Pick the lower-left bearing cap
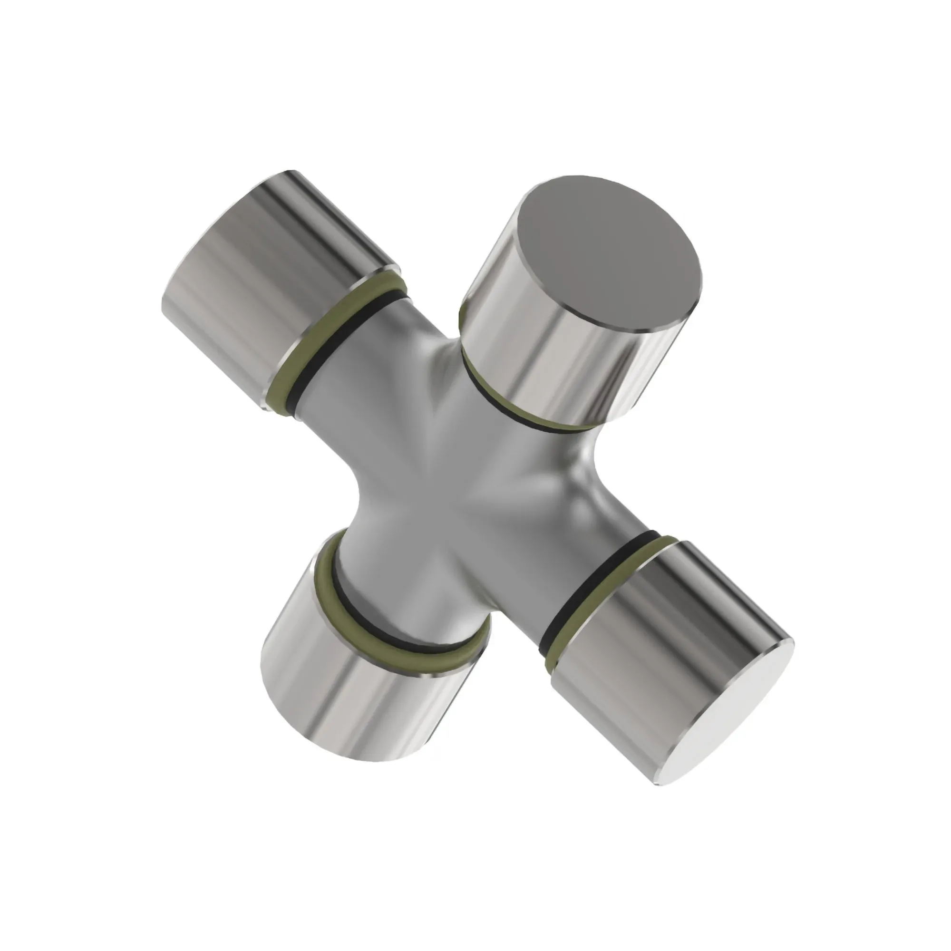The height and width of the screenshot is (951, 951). point(354,689)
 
